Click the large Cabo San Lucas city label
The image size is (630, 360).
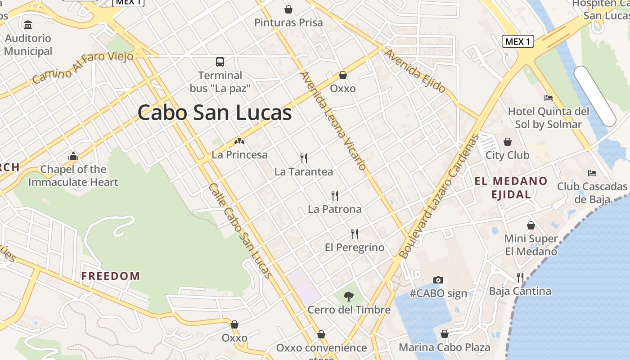click(215, 112)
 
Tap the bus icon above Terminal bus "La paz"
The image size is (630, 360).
click(220, 62)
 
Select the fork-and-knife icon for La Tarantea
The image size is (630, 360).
click(304, 158)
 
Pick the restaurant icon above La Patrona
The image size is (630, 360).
click(334, 195)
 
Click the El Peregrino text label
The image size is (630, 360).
click(355, 247)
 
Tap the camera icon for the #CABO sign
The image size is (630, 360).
click(438, 280)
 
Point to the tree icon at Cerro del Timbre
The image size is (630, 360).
click(348, 296)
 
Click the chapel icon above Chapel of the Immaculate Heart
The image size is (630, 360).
click(73, 156)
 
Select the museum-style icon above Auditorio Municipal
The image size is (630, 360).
click(28, 25)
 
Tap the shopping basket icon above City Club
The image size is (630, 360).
click(508, 142)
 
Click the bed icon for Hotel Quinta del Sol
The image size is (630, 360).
click(548, 98)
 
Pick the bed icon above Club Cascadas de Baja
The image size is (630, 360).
click(592, 173)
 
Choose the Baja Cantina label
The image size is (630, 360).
click(520, 291)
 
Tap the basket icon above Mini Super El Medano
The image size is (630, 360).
click(531, 225)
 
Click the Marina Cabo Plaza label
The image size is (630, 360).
click(445, 347)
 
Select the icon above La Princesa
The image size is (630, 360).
click(239, 141)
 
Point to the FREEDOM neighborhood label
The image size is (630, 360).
click(111, 276)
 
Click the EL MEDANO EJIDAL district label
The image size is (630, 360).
click(511, 188)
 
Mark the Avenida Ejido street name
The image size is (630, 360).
click(414, 71)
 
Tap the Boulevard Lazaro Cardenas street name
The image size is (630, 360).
click(437, 197)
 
